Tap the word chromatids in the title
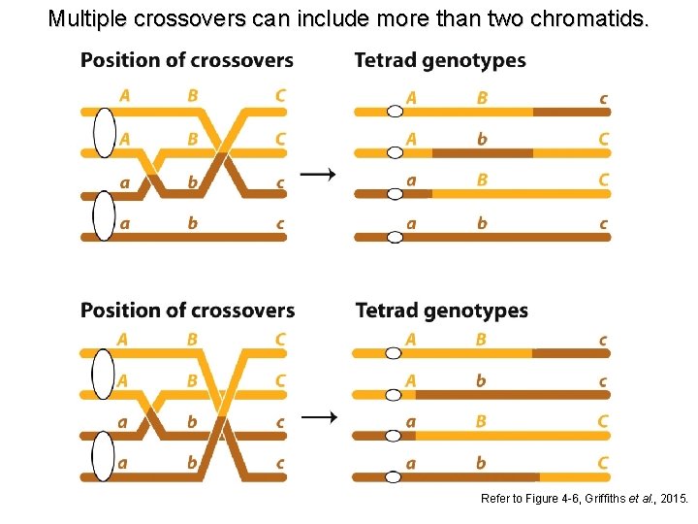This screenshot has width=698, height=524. click(x=599, y=18)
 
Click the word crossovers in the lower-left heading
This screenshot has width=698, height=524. click(x=242, y=311)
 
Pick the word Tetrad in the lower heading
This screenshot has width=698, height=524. click(x=389, y=311)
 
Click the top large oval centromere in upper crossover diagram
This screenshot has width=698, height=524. click(x=104, y=131)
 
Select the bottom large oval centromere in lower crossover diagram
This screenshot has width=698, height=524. click(x=104, y=456)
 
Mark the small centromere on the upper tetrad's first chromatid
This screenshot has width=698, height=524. click(x=395, y=112)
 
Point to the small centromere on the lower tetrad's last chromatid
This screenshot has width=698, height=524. click(x=393, y=477)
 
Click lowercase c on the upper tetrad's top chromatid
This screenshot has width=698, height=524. click(x=604, y=97)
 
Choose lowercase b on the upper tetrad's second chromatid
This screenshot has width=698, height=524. click(x=482, y=138)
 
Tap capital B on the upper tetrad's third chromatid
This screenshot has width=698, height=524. click(x=482, y=180)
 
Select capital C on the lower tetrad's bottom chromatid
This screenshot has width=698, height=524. click(x=603, y=463)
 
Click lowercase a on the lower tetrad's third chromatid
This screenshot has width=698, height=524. click(x=411, y=421)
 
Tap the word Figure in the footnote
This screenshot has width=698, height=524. click(x=539, y=499)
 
